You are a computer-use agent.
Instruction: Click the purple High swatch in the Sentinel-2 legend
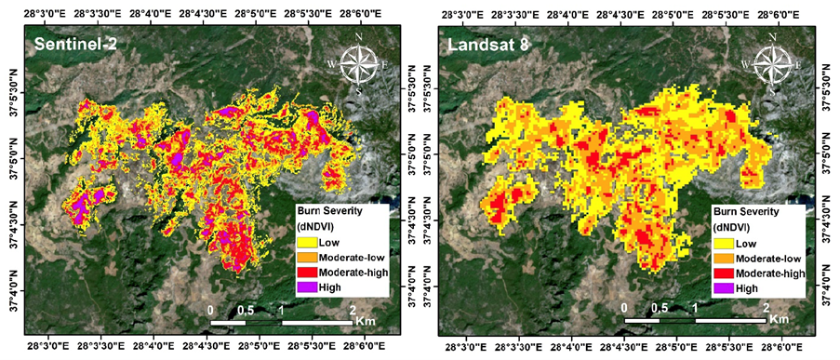[x=305, y=288]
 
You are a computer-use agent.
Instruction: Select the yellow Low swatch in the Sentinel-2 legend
[x=305, y=243]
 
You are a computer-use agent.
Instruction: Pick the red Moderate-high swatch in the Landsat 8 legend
[x=722, y=274]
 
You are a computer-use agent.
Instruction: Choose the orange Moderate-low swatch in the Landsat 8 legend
[x=722, y=259]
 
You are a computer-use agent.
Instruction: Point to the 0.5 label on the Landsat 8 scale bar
[x=660, y=307]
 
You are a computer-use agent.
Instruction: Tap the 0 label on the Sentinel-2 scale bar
[x=211, y=307]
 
